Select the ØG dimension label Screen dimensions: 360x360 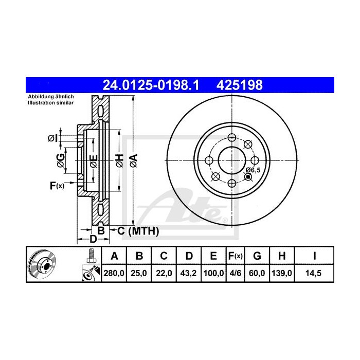pyautogui.click(x=61, y=159)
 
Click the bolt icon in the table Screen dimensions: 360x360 pyautogui.click(x=91, y=256)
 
